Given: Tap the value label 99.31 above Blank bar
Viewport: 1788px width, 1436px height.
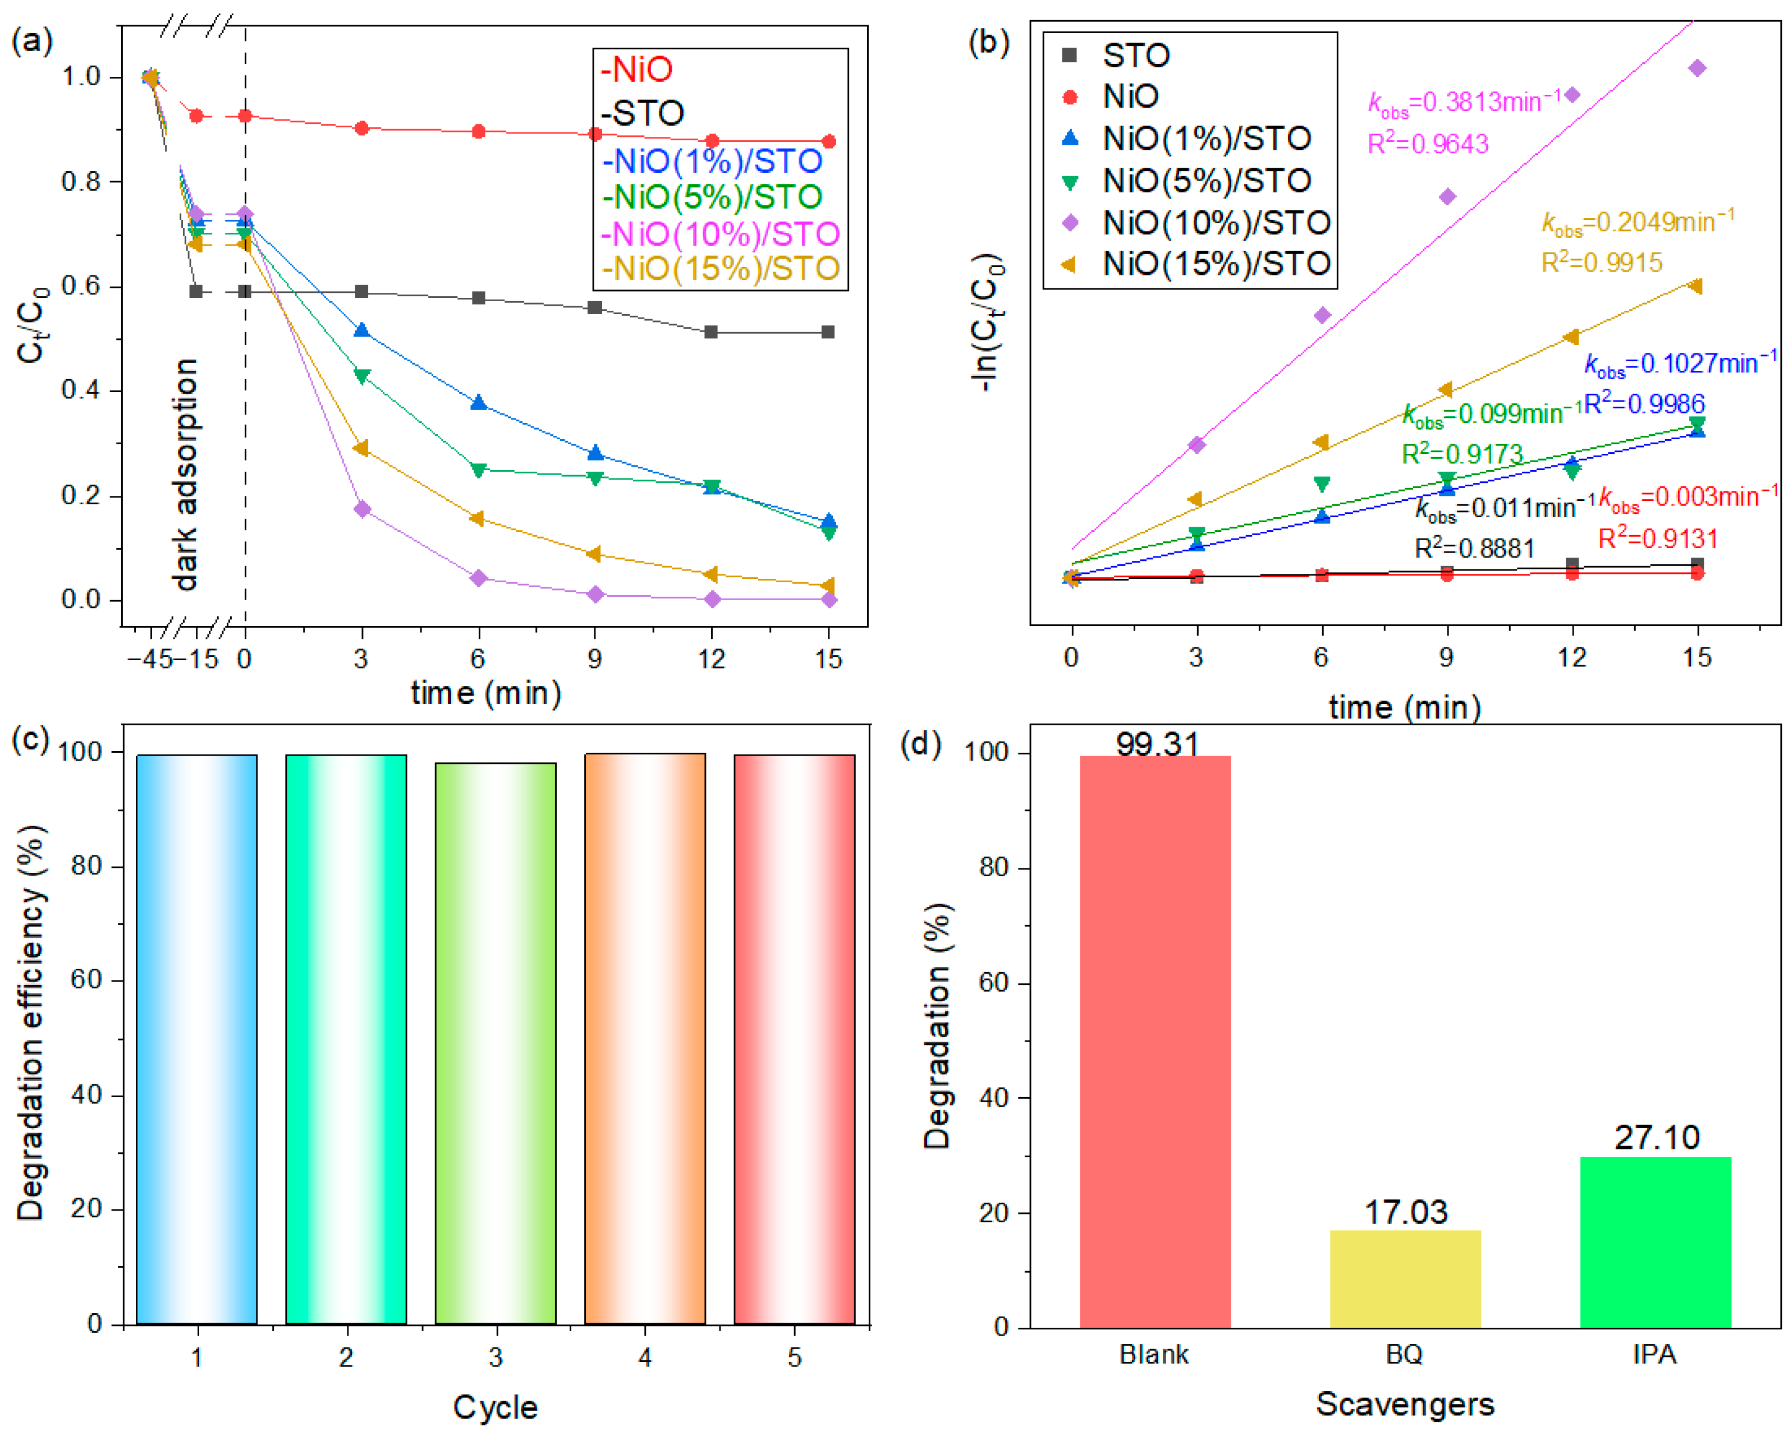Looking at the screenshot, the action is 1158,744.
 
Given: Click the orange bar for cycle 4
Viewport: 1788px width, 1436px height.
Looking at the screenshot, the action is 645,1039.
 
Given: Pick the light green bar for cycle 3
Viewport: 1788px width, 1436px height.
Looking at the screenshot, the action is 496,1044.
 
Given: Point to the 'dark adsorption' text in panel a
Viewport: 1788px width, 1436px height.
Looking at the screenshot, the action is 186,474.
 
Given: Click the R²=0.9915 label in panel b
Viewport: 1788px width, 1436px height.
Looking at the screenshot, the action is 1602,262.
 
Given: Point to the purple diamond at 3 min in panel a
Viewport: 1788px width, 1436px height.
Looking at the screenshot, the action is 361,509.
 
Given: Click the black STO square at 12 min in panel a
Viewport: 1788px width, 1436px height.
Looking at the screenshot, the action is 712,332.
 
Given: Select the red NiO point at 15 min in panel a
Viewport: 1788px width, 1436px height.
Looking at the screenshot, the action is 828,142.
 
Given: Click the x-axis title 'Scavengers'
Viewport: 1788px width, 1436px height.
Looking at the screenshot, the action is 1405,1403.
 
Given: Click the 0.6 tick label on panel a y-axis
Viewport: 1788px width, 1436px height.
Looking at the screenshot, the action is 81,286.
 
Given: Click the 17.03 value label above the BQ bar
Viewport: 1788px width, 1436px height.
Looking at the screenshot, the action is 1406,1212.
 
